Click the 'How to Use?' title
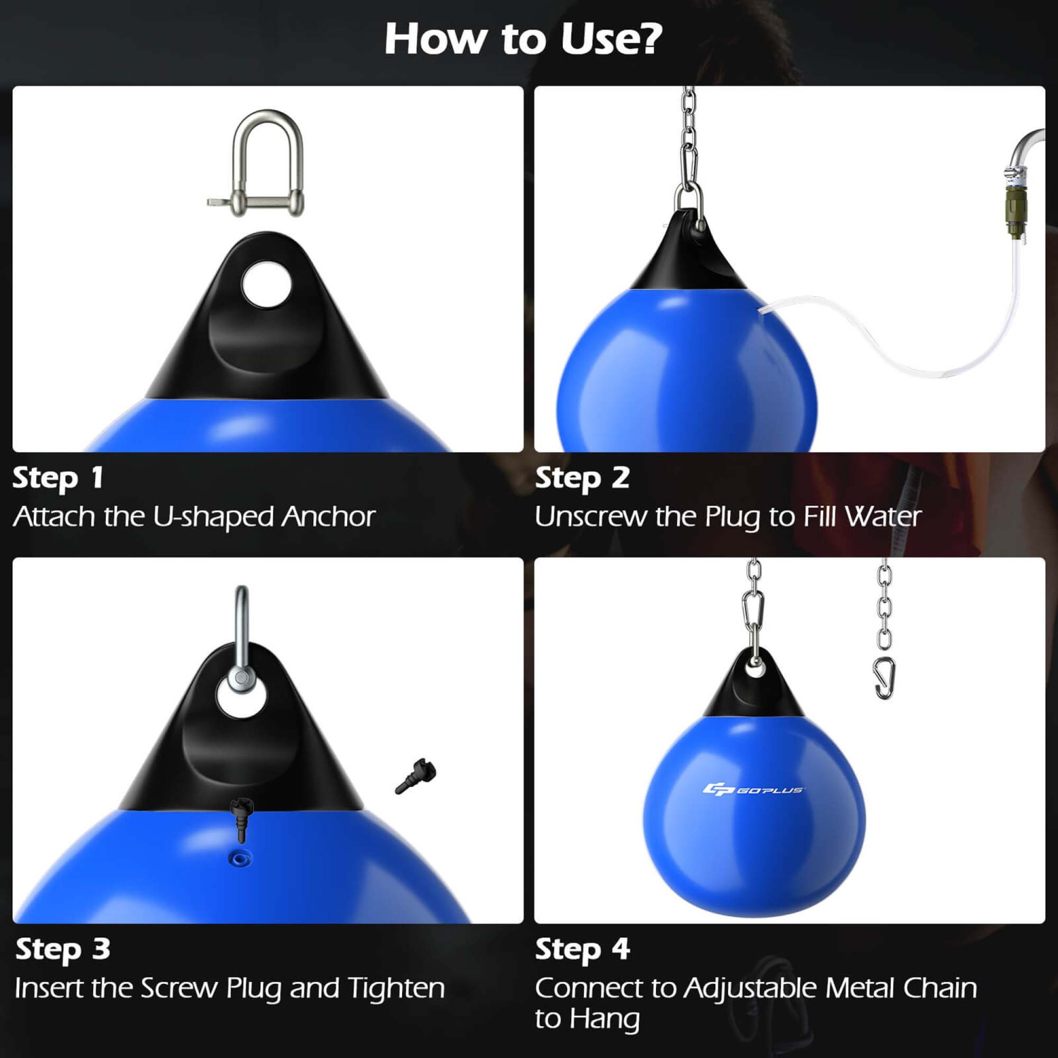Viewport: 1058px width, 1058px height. tap(523, 39)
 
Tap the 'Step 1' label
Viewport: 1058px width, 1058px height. tap(58, 478)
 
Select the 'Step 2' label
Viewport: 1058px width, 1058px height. tap(582, 478)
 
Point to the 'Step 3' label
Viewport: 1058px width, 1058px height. tap(63, 949)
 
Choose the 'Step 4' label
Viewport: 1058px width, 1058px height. tap(582, 949)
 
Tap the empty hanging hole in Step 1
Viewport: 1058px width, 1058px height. tap(266, 284)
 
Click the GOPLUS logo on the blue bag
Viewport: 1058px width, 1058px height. tap(753, 789)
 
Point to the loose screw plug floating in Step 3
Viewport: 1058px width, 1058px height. tap(416, 777)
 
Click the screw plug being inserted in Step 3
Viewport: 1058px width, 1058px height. tap(242, 818)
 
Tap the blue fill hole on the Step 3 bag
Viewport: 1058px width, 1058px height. tap(241, 858)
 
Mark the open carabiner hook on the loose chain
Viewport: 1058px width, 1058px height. tap(884, 678)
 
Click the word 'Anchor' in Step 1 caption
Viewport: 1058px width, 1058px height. tap(328, 517)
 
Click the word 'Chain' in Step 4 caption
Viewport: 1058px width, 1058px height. tap(940, 988)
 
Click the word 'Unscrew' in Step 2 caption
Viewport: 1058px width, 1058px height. tap(590, 517)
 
